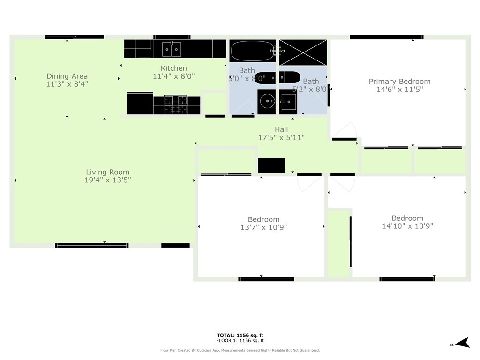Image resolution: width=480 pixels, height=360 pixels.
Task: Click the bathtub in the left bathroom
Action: tap(252, 51)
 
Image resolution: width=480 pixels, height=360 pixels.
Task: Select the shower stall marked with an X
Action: tap(303, 52)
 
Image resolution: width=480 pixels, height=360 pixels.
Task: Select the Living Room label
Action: tap(107, 172)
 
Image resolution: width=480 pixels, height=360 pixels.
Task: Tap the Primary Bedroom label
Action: tap(399, 81)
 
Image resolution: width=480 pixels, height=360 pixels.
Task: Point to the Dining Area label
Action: tap(67, 76)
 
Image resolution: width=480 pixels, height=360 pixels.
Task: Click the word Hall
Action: tap(281, 129)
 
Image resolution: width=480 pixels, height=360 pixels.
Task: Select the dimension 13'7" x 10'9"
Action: tap(263, 227)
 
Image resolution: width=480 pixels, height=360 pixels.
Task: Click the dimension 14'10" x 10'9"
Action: tap(407, 226)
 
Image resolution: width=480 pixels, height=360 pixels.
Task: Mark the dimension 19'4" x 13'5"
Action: tap(107, 180)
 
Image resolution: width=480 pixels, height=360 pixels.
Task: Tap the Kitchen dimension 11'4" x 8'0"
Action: tap(173, 76)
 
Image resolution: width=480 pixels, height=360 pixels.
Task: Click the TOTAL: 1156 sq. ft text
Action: tap(240, 335)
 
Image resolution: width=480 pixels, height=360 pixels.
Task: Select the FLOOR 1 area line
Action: tap(240, 341)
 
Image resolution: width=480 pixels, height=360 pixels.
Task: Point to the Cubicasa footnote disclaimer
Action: tap(240, 350)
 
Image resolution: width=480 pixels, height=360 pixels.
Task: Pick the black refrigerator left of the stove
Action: tap(140, 104)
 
